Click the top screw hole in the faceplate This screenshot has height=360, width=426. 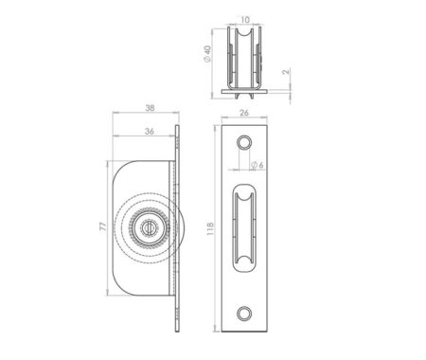coord(244,141)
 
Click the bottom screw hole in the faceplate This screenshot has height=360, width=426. coord(244,313)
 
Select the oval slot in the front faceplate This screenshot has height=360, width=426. coord(244,227)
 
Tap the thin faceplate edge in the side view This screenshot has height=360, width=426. coord(177,227)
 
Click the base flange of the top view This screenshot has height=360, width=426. coord(245,91)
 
